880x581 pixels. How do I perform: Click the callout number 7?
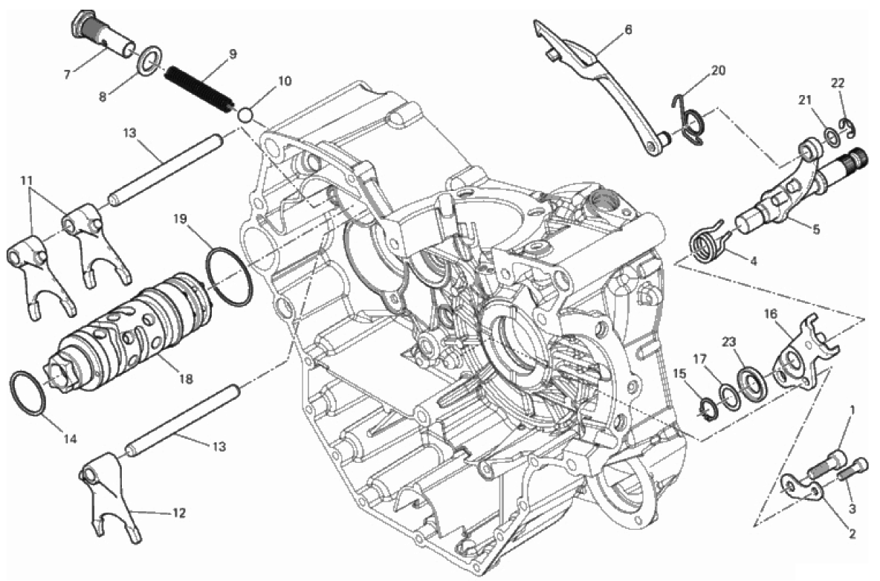pyautogui.click(x=68, y=74)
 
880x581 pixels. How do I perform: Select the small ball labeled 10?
pyautogui.click(x=244, y=115)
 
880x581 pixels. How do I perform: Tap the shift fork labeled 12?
pyautogui.click(x=109, y=496)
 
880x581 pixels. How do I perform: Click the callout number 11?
pyautogui.click(x=25, y=181)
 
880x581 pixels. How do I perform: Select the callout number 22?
pyautogui.click(x=838, y=83)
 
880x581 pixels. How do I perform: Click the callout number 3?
pyautogui.click(x=852, y=509)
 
